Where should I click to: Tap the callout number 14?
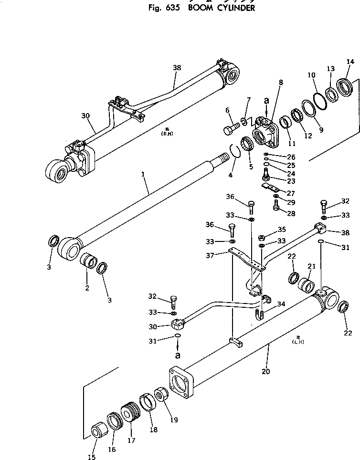(x=350, y=62)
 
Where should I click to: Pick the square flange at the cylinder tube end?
(x=181, y=382)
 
